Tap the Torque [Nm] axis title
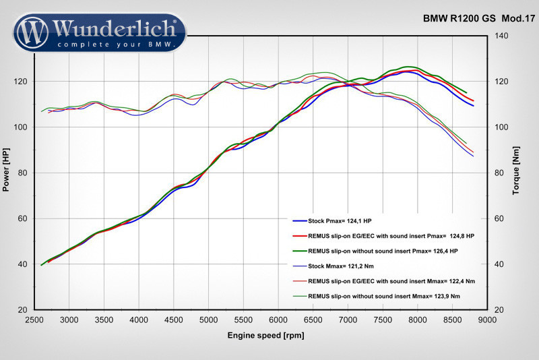click(x=515, y=171)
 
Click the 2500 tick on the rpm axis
click(x=33, y=321)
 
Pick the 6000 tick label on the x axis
click(x=278, y=321)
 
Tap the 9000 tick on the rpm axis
click(x=487, y=321)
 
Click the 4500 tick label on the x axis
click(x=173, y=321)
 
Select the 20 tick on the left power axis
click(x=23, y=310)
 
